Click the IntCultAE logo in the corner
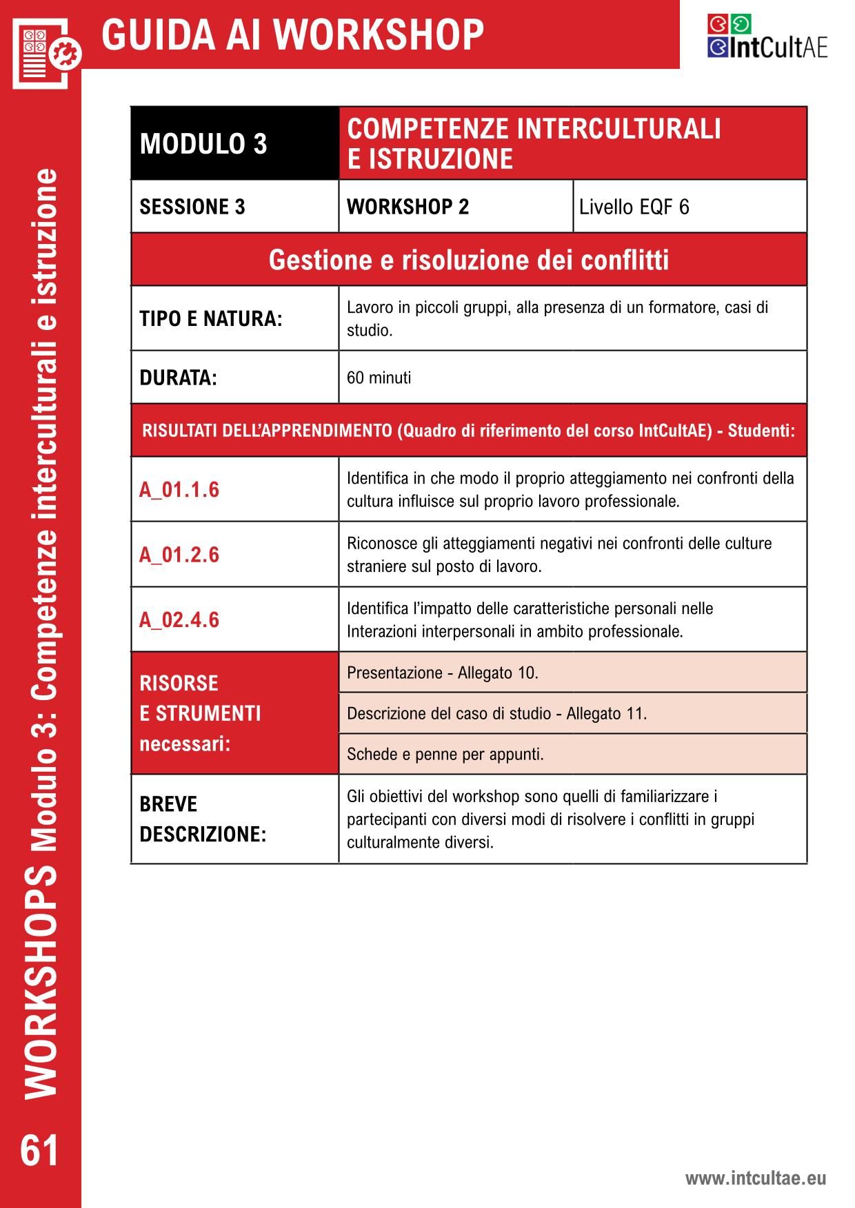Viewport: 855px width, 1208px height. pyautogui.click(x=767, y=37)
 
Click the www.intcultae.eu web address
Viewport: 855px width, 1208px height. pyautogui.click(x=755, y=1178)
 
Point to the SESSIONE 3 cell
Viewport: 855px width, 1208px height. pyautogui.click(x=192, y=207)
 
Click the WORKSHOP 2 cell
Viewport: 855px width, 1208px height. pyautogui.click(x=408, y=207)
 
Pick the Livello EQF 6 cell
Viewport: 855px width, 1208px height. pyautogui.click(x=634, y=207)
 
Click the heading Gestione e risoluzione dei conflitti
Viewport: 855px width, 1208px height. pyautogui.click(x=469, y=260)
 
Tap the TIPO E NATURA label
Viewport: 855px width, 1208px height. pyautogui.click(x=211, y=319)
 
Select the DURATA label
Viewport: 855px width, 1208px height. pyautogui.click(x=178, y=378)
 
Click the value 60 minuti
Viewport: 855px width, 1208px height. pyautogui.click(x=379, y=378)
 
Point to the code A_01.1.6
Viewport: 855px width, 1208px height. pyautogui.click(x=179, y=490)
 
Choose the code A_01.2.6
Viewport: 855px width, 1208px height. pyautogui.click(x=179, y=555)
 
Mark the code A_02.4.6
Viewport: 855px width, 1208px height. pyautogui.click(x=179, y=620)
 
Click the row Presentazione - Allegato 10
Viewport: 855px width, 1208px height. pyautogui.click(x=443, y=673)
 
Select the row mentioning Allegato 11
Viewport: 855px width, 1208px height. pyautogui.click(x=496, y=713)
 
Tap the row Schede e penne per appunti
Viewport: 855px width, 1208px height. pyautogui.click(x=445, y=754)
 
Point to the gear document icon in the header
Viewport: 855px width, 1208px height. pyautogui.click(x=46, y=52)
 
